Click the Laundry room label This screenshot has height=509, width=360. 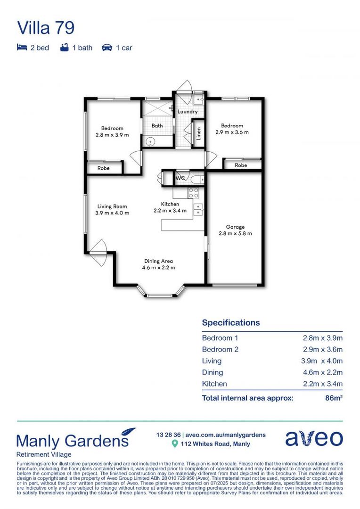coord(187,112)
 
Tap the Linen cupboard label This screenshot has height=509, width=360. coord(198,134)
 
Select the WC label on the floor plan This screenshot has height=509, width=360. coord(180,179)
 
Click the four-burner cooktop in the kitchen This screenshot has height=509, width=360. coord(193,192)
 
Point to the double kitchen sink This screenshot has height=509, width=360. coord(198,209)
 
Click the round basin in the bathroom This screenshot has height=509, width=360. coord(150,140)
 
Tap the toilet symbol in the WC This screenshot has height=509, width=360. coord(196,179)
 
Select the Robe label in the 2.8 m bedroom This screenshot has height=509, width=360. coord(104,168)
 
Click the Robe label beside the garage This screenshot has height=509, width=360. coord(240,165)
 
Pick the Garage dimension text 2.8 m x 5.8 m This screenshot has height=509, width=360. coord(235,233)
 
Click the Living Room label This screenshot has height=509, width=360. coord(112,206)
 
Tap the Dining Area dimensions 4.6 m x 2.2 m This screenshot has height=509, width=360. coord(158,268)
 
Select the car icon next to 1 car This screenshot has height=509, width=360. coord(107,48)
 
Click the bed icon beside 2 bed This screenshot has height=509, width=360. coord(22,48)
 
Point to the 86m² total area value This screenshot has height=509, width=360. coord(334,398)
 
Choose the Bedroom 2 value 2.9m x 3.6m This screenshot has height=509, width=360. coord(322,349)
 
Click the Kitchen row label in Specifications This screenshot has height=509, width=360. coord(214,384)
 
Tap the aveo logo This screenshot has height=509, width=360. coord(314,438)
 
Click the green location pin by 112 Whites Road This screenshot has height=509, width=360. coord(175,444)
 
